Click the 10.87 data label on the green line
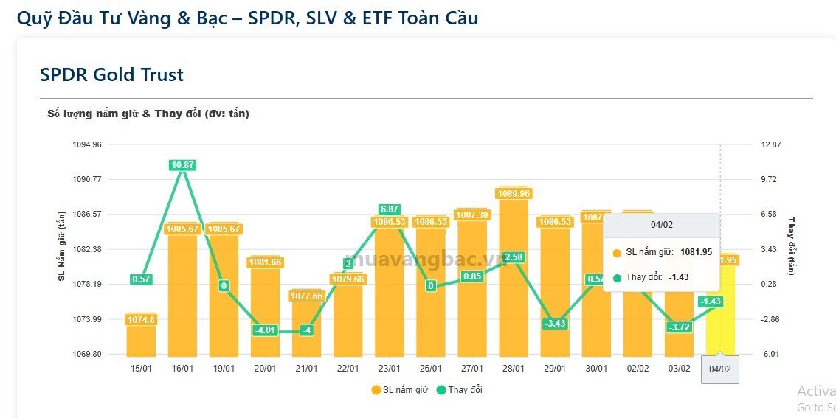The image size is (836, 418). click(182, 165)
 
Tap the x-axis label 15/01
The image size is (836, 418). click(141, 369)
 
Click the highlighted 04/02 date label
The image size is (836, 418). click(719, 369)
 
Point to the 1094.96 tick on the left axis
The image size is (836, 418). click(87, 144)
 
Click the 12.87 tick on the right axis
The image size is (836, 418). click(771, 144)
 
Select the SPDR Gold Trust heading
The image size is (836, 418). click(111, 74)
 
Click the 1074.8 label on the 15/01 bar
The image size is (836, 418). click(141, 319)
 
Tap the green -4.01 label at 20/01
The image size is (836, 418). click(265, 330)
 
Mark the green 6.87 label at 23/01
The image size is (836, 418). click(390, 209)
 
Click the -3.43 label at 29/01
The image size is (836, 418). click(555, 324)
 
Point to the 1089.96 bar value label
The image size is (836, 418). click(514, 194)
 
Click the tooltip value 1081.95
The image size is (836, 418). click(696, 252)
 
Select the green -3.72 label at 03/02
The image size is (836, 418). click(679, 327)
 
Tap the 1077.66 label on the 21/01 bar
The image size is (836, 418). click(306, 296)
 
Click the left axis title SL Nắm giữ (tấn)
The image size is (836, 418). click(61, 245)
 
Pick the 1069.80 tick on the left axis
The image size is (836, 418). click(87, 355)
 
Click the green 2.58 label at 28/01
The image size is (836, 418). click(514, 257)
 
